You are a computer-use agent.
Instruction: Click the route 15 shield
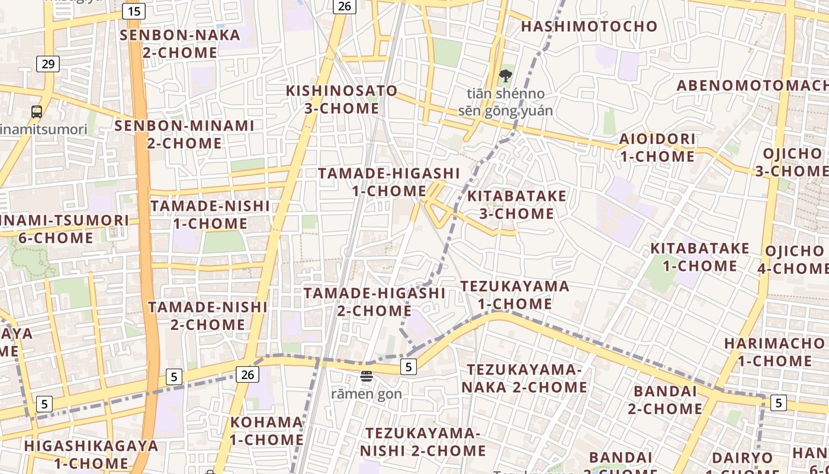coord(134,11)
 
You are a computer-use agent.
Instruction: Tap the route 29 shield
coord(48,63)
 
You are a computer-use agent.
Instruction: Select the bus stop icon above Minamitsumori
coord(37,111)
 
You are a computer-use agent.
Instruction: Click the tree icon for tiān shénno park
coord(505,76)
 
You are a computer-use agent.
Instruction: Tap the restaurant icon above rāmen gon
coord(367,376)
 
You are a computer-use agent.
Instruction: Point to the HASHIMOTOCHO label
coord(589,26)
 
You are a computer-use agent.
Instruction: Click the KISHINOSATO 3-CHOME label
coord(342,100)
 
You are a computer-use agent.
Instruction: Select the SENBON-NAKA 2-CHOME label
coord(180,44)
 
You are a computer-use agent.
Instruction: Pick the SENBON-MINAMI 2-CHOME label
coord(184,134)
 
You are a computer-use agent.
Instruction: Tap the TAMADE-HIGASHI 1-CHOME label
coord(389,182)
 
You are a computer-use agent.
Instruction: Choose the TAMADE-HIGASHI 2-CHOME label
coord(374,302)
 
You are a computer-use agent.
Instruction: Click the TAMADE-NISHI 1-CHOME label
coord(210,214)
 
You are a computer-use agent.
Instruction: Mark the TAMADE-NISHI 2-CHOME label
coord(208,316)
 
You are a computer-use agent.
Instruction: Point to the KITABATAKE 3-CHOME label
coord(517,204)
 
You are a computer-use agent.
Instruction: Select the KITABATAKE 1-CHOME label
coord(700,257)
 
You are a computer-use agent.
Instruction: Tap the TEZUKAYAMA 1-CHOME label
coord(515,295)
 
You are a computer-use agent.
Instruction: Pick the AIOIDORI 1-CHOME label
coord(657,148)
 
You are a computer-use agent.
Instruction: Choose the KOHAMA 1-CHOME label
coord(266,431)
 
